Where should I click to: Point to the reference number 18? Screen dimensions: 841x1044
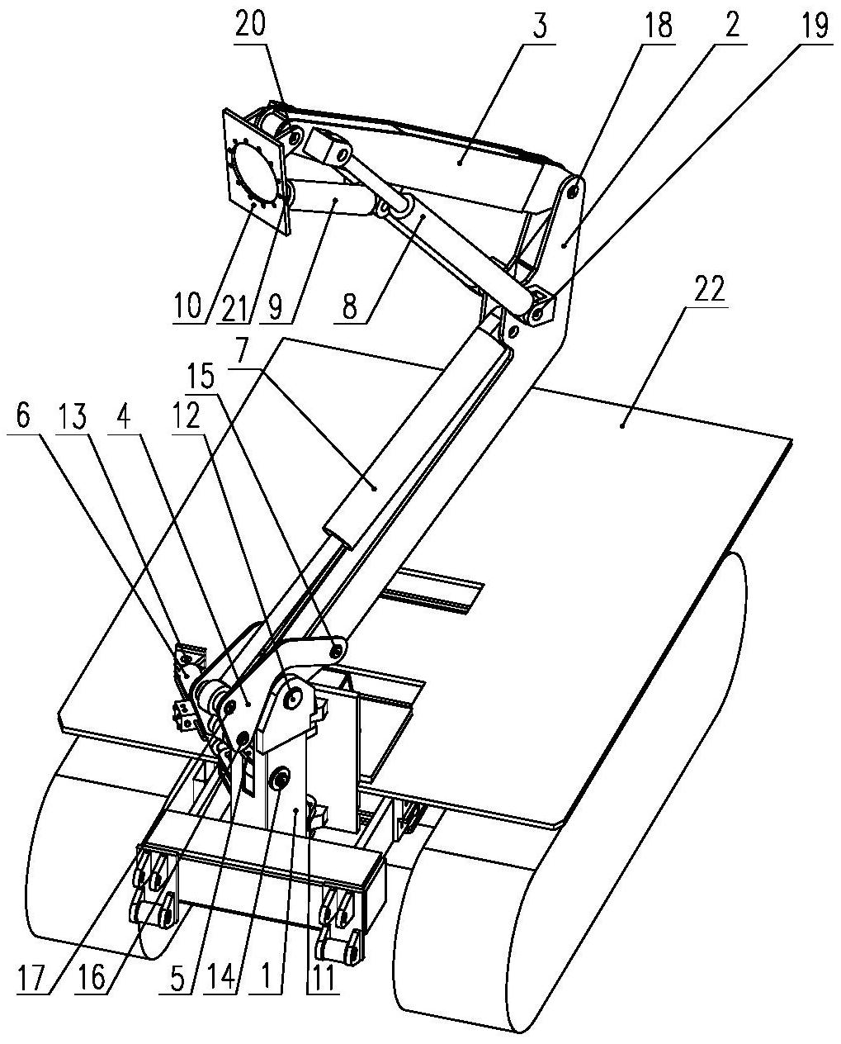coord(656,25)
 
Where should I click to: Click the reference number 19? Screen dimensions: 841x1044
coord(813,25)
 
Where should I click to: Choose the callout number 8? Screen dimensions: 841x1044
coord(350,306)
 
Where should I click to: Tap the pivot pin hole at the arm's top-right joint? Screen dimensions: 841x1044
coord(574,192)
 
